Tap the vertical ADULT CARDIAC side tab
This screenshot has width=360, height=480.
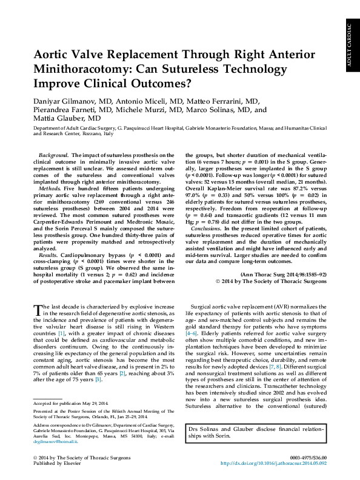[350, 45]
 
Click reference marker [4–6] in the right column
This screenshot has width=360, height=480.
[208, 334]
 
